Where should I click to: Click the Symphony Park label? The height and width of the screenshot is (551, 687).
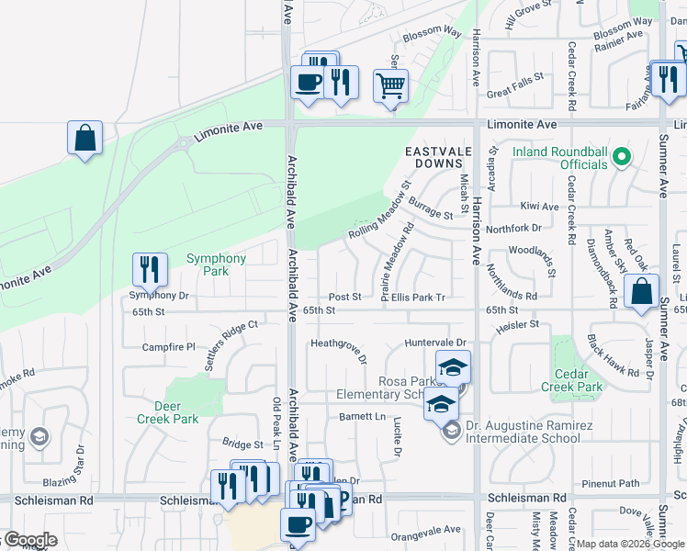pyautogui.click(x=217, y=265)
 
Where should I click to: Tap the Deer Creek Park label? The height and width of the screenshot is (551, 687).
pyautogui.click(x=167, y=412)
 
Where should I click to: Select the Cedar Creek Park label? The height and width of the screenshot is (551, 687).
pyautogui.click(x=578, y=380)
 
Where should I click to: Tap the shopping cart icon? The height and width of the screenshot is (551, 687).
pyautogui.click(x=390, y=86)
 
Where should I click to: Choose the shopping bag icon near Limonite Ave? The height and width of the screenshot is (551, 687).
pyautogui.click(x=84, y=139)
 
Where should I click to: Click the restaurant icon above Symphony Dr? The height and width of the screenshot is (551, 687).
pyautogui.click(x=150, y=269)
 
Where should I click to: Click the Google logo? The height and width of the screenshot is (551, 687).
pyautogui.click(x=29, y=540)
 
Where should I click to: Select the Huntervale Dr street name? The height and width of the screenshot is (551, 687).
pyautogui.click(x=436, y=342)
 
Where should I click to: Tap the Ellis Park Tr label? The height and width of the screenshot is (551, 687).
pyautogui.click(x=418, y=297)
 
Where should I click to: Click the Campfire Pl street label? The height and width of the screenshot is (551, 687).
pyautogui.click(x=169, y=347)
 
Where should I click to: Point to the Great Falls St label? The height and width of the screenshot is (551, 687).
pyautogui.click(x=517, y=92)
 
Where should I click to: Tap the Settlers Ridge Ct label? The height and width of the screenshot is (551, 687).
pyautogui.click(x=231, y=344)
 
